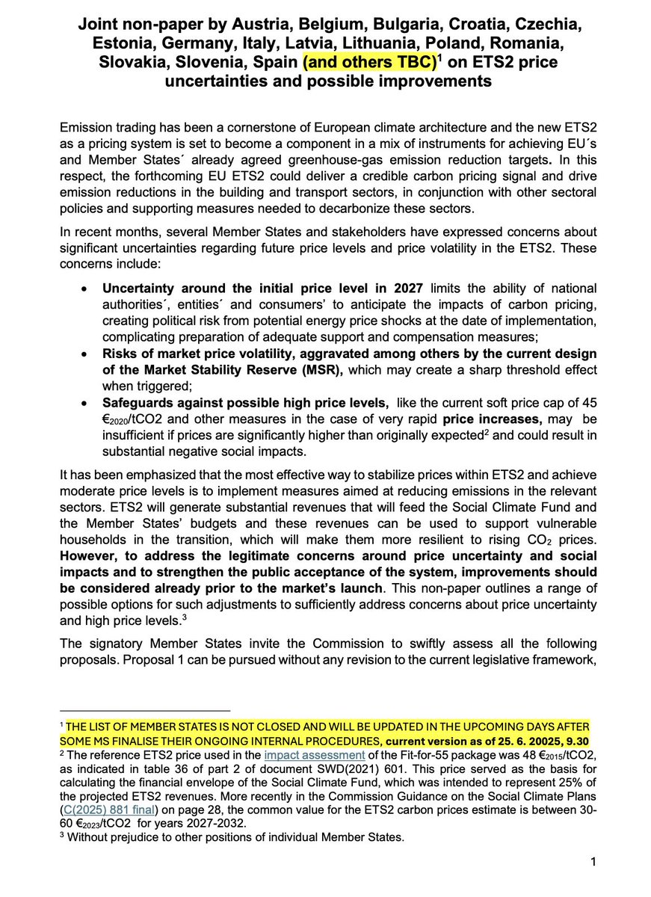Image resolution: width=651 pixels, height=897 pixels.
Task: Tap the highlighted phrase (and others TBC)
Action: [x=368, y=61]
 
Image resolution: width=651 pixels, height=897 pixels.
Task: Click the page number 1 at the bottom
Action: [x=592, y=863]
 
